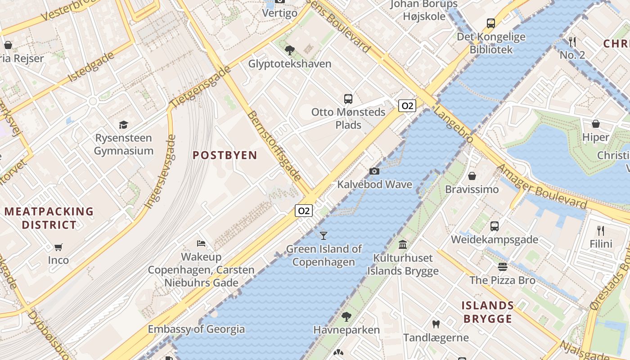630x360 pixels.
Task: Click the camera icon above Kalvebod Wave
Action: [374, 171]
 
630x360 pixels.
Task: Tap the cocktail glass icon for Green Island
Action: [323, 235]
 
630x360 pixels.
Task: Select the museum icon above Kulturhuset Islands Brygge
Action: [403, 244]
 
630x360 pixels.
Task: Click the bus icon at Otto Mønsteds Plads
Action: [348, 99]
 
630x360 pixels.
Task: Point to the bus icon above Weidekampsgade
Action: [494, 226]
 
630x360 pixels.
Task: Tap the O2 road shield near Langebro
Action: [407, 106]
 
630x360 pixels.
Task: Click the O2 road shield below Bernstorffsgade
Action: [304, 210]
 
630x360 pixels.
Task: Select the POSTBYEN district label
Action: [225, 155]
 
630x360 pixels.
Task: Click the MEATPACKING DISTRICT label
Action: [49, 218]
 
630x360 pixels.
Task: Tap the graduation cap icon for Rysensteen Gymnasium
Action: [123, 125]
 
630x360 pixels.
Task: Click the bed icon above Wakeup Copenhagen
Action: [201, 243]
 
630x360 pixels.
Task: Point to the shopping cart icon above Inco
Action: [58, 247]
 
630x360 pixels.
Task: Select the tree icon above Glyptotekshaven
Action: [290, 50]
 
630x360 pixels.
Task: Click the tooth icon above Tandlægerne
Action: [435, 324]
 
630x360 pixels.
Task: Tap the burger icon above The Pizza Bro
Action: [502, 267]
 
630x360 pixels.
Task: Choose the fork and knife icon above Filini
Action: [601, 231]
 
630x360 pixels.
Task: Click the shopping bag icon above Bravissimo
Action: [472, 175]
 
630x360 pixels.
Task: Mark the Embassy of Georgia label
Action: [196, 329]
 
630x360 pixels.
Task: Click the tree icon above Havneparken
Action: [346, 316]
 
